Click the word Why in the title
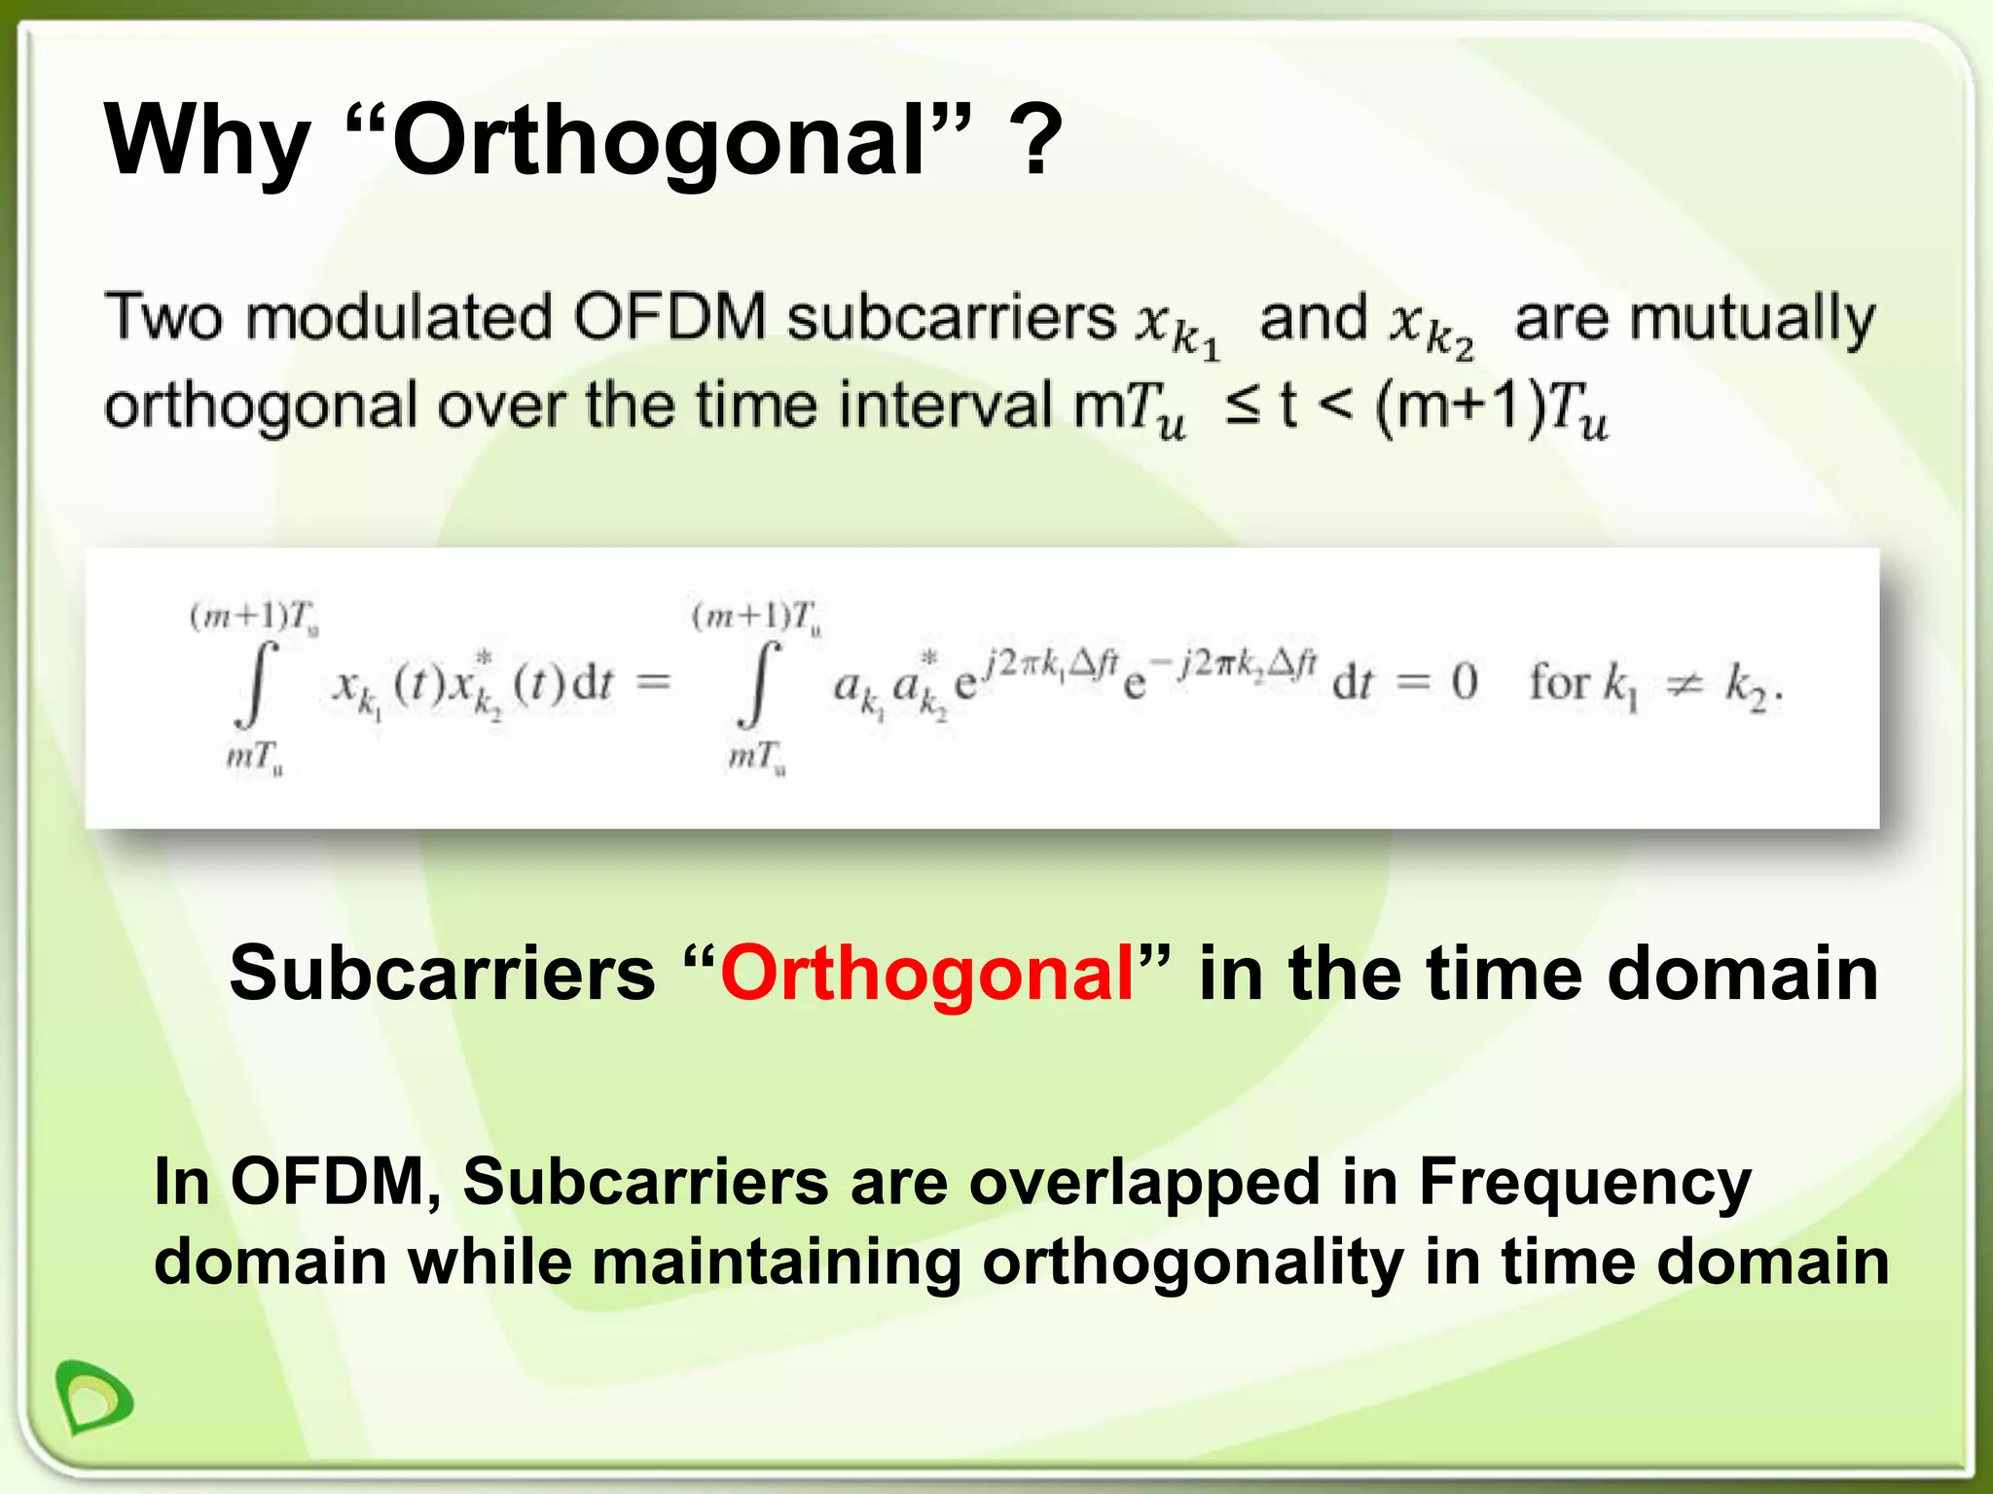(206, 143)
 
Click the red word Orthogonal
(926, 973)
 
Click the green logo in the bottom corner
(93, 1399)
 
